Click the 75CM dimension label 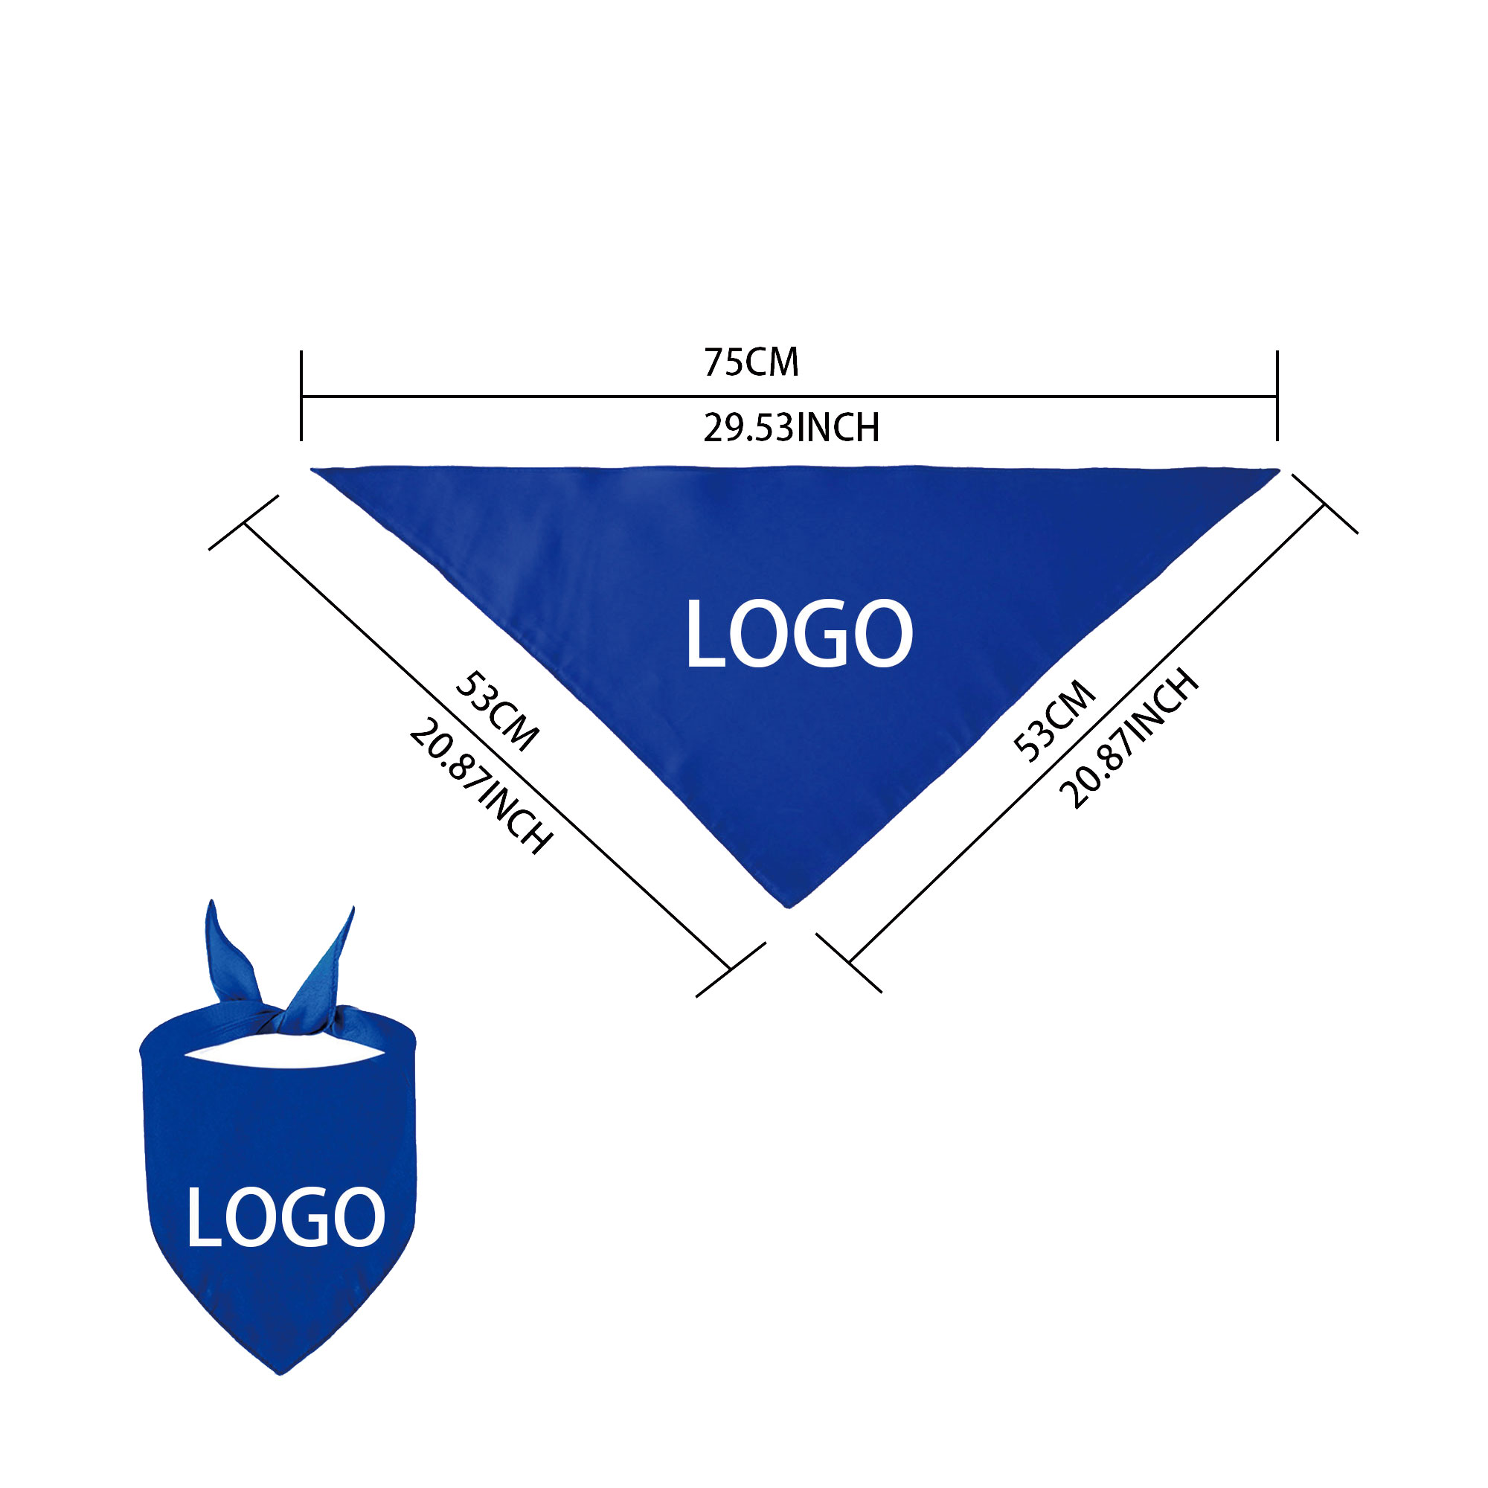[751, 363]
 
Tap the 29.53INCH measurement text [791, 429]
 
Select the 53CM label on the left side [497, 712]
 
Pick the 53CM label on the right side [1054, 721]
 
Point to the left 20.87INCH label [481, 786]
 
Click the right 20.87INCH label [1130, 738]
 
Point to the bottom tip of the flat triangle [787, 907]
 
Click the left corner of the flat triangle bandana [312, 469]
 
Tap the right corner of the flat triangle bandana [1278, 469]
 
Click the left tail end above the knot [211, 902]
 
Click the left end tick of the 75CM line [301, 396]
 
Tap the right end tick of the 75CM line [1277, 396]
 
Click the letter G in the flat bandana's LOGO [831, 634]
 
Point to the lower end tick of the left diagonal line [730, 969]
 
